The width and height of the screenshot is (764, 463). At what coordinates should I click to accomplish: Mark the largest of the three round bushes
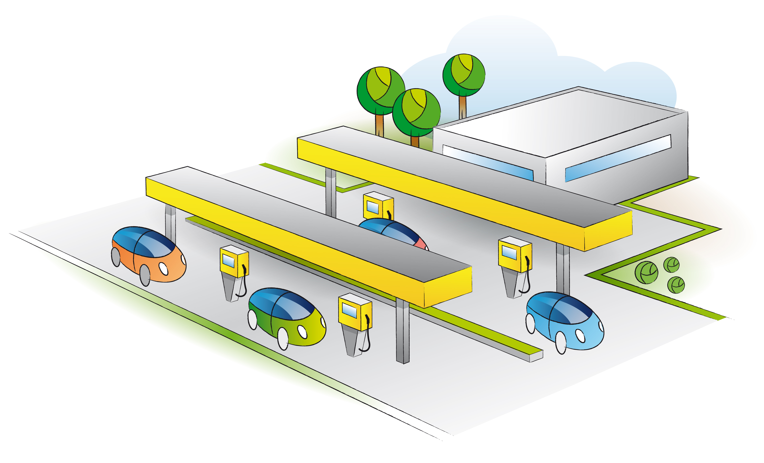646,273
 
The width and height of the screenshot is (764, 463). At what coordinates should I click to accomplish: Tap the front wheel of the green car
283,339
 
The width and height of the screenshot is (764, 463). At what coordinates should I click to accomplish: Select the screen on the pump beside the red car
373,207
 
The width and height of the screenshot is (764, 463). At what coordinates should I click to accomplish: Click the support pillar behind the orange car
170,223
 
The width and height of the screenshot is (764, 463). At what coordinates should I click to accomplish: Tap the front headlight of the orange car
163,269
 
